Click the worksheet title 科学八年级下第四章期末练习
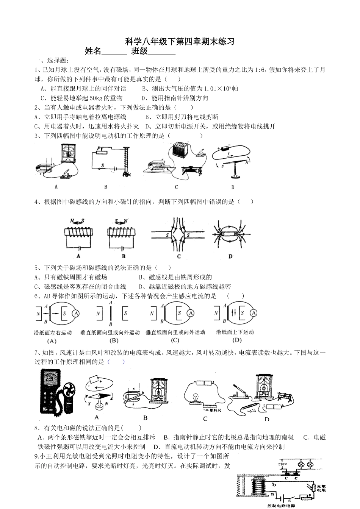tap(180, 42)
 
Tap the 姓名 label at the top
tap(93, 52)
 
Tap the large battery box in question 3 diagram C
tap(180, 150)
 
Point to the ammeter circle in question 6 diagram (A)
tap(76, 313)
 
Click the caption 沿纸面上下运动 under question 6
tap(235, 332)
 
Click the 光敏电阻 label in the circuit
tap(321, 487)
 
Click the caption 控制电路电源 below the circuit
tap(281, 506)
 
